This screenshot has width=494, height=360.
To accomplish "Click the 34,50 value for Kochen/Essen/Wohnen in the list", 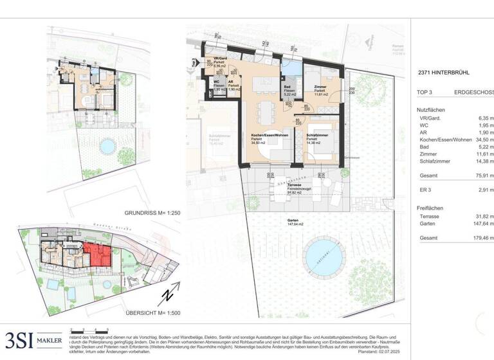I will tap(482, 139).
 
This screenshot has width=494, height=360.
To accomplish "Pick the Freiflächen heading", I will tap(430, 208).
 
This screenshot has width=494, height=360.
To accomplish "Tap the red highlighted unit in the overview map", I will tap(97, 254).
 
